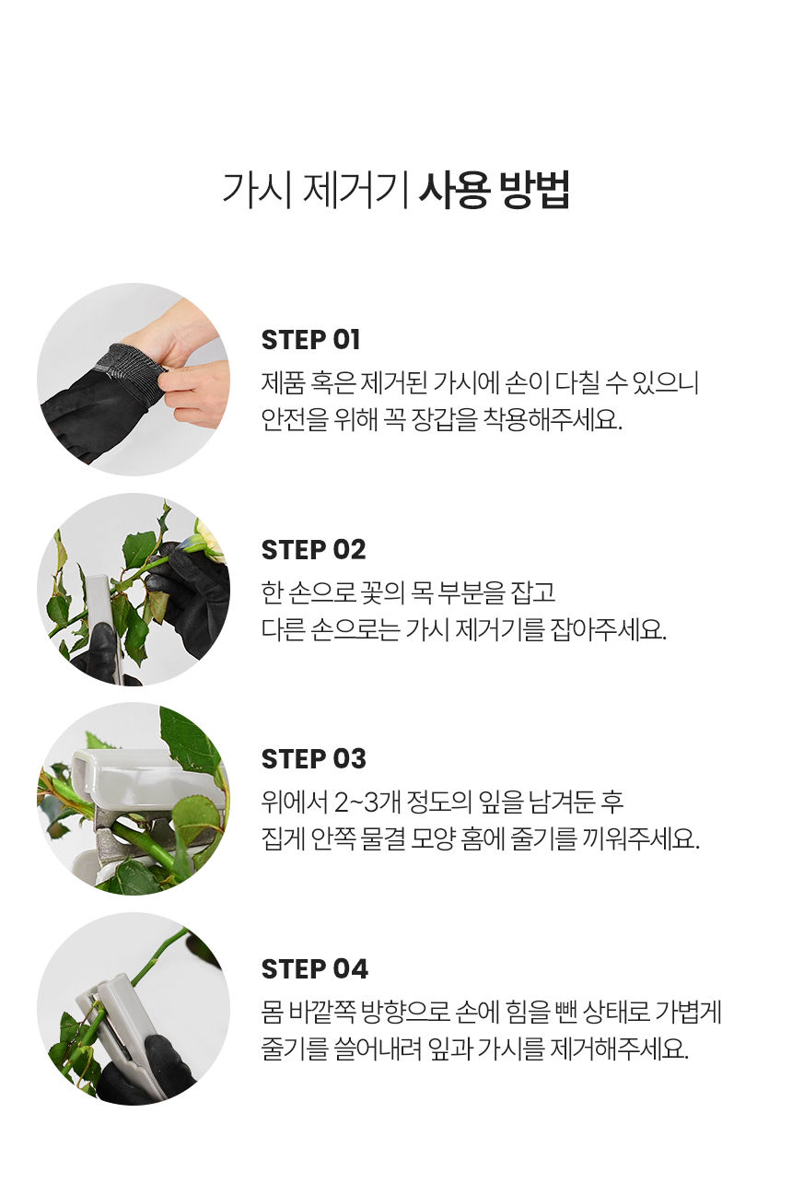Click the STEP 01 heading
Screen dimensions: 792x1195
(x=310, y=340)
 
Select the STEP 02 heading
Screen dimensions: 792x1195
(x=313, y=549)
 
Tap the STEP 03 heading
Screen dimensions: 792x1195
(x=313, y=758)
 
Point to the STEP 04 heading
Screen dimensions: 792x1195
(x=314, y=968)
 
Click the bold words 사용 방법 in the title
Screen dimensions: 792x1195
(x=495, y=190)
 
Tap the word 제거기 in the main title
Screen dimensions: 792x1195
(x=355, y=190)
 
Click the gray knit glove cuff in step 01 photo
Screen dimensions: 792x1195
(x=131, y=364)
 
